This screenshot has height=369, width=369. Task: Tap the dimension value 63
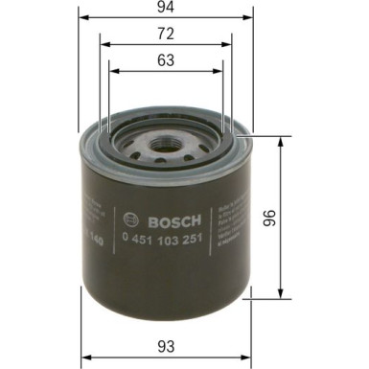167,59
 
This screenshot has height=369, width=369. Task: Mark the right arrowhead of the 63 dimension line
222,68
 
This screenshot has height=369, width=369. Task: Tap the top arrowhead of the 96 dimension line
280,139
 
